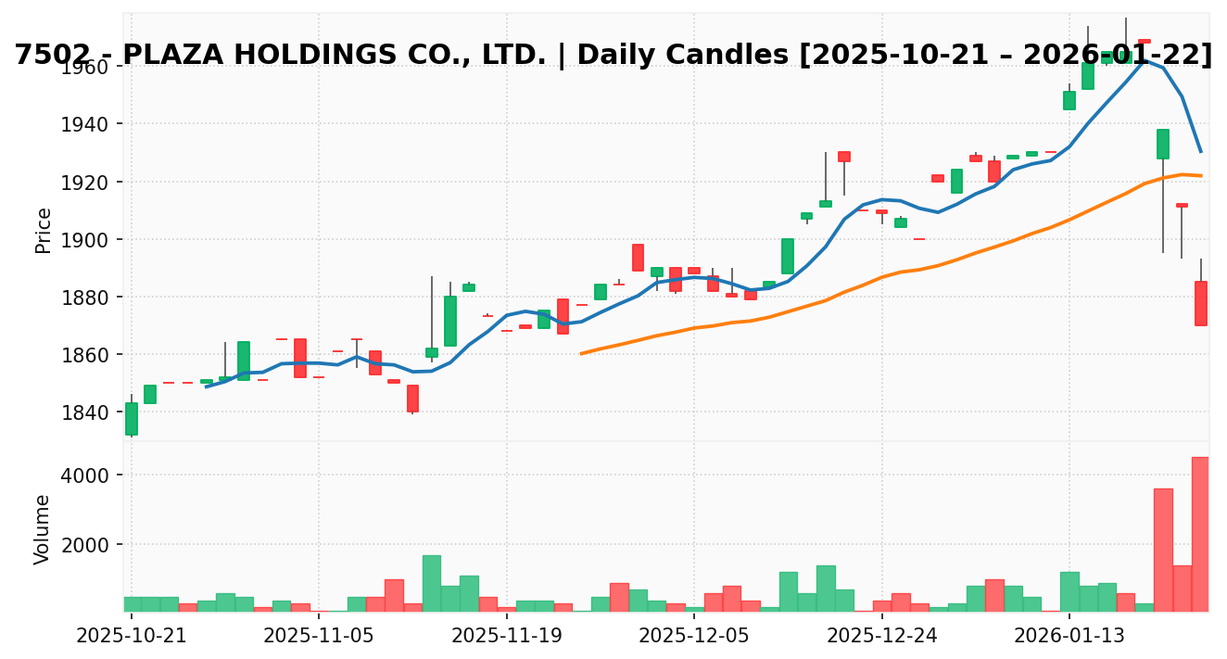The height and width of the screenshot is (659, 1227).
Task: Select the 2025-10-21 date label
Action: coord(131,637)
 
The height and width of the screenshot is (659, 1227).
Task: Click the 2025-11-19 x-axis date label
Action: coord(506,637)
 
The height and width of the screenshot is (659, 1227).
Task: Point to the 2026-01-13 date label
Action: coord(1069,637)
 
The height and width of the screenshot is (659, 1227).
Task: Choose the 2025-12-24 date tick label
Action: coord(881,637)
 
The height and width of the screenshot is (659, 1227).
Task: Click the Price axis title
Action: coord(44,231)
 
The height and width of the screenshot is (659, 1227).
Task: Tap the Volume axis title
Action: coord(44,529)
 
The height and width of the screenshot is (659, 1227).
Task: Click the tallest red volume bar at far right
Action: coord(1200,534)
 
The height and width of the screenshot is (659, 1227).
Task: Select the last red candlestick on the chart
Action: coord(1200,303)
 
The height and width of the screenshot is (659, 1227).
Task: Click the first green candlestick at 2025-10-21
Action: coord(132,419)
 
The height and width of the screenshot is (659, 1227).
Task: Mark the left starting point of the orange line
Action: coord(581,353)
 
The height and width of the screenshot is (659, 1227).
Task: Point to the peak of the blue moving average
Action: coord(1145,60)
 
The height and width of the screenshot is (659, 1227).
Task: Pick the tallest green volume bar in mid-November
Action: coord(432,583)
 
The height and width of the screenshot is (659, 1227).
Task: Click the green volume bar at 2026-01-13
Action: coord(1069,591)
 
